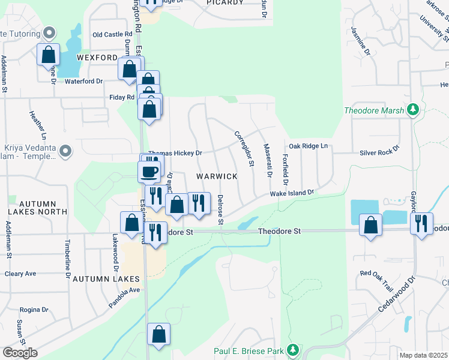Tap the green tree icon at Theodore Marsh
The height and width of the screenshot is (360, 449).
(412, 110)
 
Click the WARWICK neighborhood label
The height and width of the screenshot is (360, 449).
(217, 176)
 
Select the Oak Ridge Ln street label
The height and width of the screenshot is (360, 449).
(309, 146)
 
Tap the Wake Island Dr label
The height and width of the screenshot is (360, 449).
(292, 193)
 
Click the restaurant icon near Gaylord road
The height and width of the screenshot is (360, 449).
(421, 223)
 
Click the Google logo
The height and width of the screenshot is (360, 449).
(20, 353)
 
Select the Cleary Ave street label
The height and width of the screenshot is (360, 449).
(20, 274)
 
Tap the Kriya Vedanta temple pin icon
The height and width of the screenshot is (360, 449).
(66, 150)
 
